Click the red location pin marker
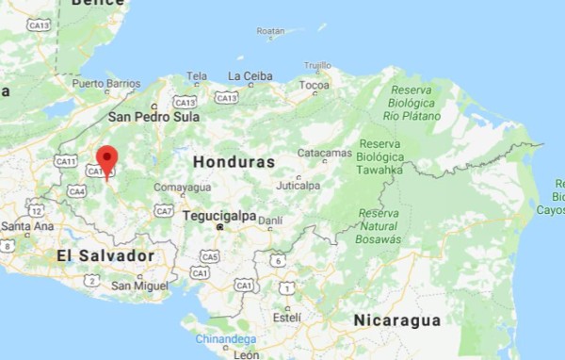(107, 159)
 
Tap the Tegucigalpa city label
(218, 215)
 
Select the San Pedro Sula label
(153, 118)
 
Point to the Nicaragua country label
(396, 320)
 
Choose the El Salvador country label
(105, 255)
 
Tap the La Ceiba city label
(251, 75)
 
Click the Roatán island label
(270, 31)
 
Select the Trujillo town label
(317, 65)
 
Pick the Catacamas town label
(324, 152)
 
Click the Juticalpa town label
(299, 186)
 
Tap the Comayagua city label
(183, 188)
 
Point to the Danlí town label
(270, 221)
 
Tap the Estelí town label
(286, 319)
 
